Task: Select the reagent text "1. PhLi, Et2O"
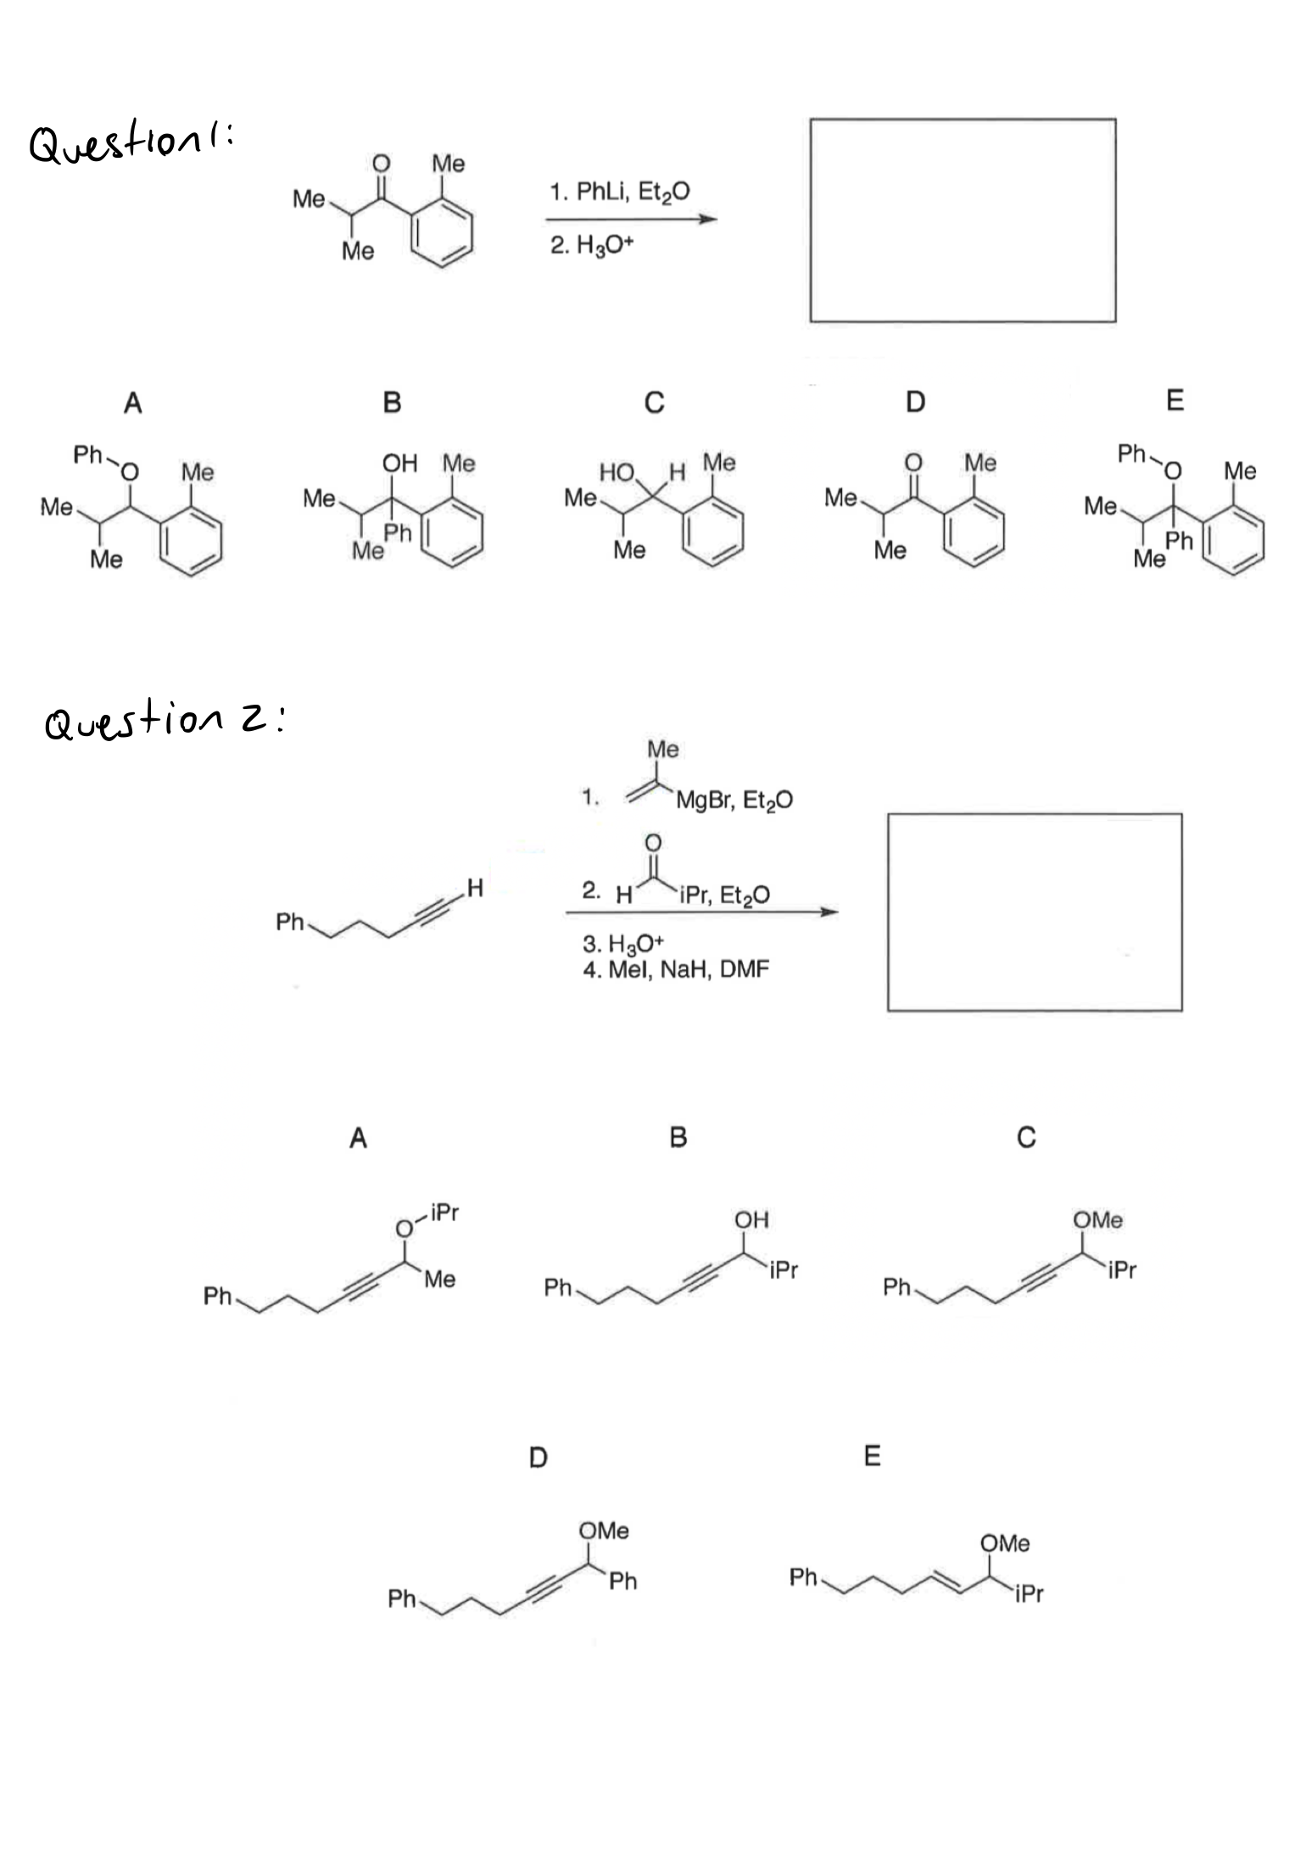click(619, 192)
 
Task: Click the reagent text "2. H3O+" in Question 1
click(591, 246)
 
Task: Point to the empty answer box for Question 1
click(963, 220)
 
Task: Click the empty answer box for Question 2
click(1035, 912)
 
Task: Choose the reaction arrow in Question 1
click(632, 220)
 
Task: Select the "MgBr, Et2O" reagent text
click(734, 800)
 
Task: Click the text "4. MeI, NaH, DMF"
click(676, 969)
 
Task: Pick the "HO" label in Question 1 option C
click(617, 472)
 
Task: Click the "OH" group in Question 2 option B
click(751, 1220)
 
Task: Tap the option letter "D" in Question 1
click(915, 401)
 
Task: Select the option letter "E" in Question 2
click(872, 1457)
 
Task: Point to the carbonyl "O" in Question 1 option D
click(913, 462)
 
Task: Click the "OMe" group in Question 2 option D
click(604, 1531)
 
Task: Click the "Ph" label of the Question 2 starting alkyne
click(290, 922)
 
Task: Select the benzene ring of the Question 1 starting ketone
click(442, 235)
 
